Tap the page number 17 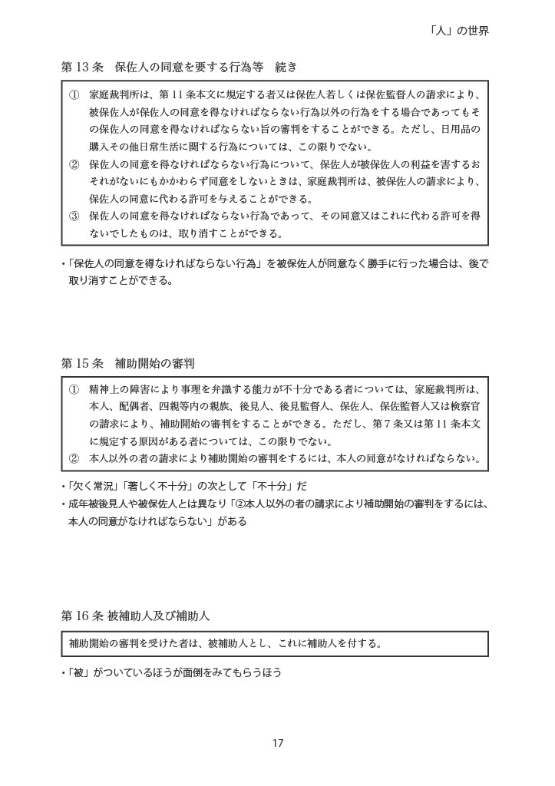[278, 742]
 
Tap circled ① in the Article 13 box [74, 95]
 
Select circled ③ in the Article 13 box [74, 216]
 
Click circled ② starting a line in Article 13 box [74, 164]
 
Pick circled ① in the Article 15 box [74, 390]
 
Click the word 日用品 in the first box [463, 130]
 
